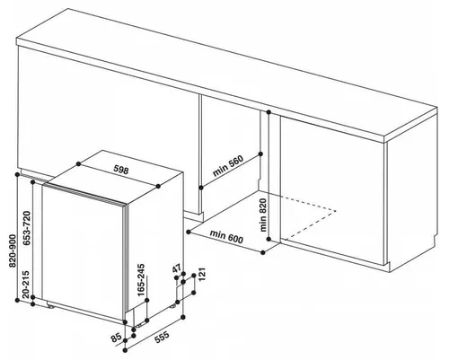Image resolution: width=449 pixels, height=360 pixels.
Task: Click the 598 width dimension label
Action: point(121,170)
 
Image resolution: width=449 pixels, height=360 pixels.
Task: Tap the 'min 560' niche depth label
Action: point(228,165)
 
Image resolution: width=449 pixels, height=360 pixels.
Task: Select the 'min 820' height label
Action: point(263,215)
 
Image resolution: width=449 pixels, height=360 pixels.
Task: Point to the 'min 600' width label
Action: point(226,236)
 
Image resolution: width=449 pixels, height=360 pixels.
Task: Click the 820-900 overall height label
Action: point(13,250)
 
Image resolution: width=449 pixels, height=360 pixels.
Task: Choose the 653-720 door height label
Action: point(27,228)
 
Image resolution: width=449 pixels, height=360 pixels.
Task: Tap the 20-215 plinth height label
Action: point(26,285)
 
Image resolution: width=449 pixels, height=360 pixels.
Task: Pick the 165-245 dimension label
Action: point(141,280)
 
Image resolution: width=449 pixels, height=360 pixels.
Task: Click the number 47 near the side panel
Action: point(177,268)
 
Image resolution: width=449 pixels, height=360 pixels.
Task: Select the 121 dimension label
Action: point(202,275)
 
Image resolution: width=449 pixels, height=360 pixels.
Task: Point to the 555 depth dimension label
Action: point(162,337)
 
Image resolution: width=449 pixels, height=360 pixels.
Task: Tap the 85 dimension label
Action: point(116,338)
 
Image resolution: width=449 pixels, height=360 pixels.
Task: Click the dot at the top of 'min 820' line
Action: point(269,112)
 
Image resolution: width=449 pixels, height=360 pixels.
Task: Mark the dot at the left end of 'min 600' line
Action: point(189,232)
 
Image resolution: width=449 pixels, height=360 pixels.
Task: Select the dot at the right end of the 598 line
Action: point(158,186)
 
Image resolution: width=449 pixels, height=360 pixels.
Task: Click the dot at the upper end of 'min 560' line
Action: point(260,154)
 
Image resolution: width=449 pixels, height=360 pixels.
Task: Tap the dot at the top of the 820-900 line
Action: point(18,174)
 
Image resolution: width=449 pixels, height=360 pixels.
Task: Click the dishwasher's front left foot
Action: point(50,305)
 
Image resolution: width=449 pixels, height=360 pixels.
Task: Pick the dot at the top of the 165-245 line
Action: point(146,300)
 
